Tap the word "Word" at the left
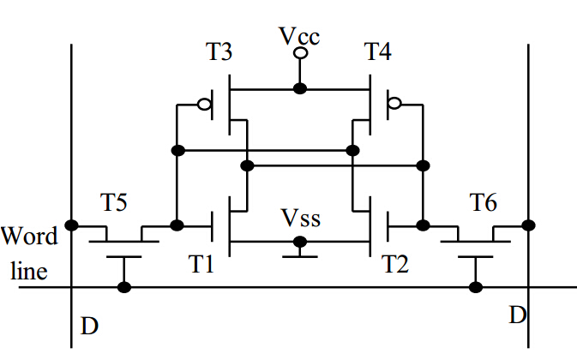(x=30, y=237)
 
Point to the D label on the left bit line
(x=88, y=326)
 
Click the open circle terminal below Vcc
(x=299, y=54)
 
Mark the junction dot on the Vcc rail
(x=299, y=88)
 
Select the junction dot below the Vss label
(x=299, y=241)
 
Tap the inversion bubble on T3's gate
(x=205, y=105)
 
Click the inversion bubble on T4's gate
(x=394, y=105)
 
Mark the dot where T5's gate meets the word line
(x=124, y=286)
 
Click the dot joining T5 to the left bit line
(x=71, y=225)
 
